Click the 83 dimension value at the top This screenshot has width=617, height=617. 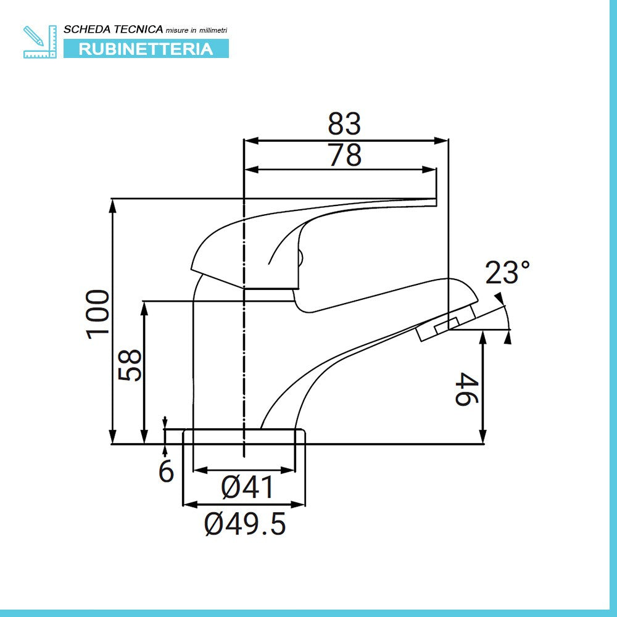tap(344, 124)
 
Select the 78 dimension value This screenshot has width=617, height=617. tap(344, 155)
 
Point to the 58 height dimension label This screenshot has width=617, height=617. tap(130, 365)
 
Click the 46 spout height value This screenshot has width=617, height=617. tap(466, 387)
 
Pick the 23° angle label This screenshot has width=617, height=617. tap(507, 273)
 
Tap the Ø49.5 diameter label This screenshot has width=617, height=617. tap(245, 524)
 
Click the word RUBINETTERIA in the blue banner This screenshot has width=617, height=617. tap(146, 49)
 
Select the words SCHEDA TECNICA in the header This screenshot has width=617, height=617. tap(114, 29)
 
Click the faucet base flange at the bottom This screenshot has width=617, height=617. tap(244, 436)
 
